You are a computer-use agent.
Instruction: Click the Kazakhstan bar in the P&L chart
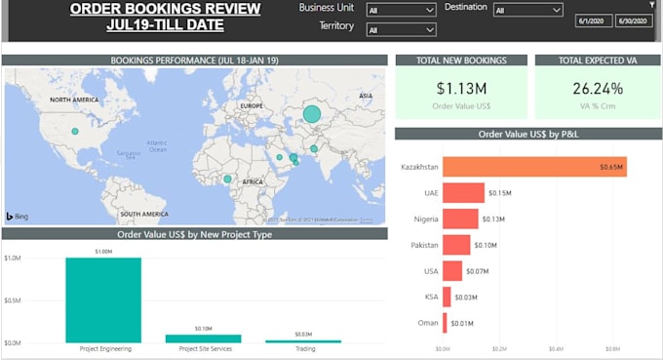534,167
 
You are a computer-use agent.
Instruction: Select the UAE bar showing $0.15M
463,192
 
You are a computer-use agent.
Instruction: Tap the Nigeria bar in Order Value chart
460,219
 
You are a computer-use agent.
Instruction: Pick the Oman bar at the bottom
445,322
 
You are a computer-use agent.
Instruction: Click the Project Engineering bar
102,300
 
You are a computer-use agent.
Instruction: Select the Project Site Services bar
203,338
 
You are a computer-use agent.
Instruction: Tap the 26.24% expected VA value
598,88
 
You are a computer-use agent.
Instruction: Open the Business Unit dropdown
401,11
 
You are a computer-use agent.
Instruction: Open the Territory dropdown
401,30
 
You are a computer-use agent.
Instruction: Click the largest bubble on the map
311,114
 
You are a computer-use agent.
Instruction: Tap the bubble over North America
75,131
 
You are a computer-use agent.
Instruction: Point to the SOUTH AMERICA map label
145,213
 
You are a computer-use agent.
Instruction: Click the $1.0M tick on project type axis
12,259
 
